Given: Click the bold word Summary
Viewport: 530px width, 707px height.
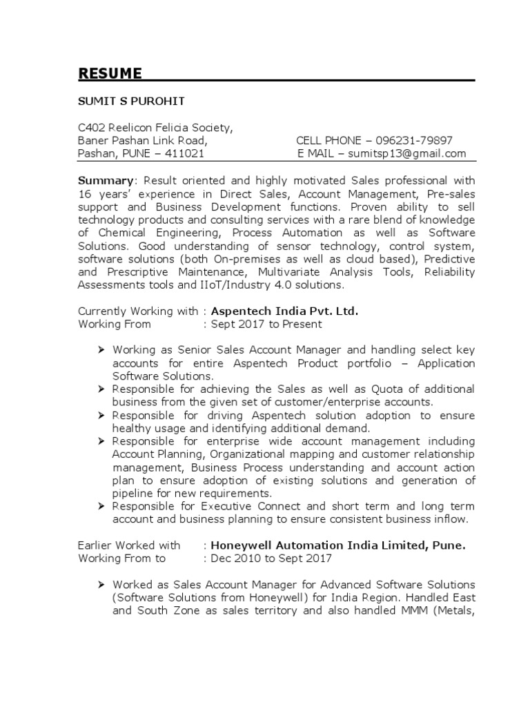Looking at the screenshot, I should click(101, 180).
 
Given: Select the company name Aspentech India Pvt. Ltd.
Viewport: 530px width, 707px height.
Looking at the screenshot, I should click(284, 311).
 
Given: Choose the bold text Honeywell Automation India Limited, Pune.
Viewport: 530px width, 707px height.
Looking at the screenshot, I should click(338, 545).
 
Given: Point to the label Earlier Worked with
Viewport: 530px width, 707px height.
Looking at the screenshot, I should click(129, 545).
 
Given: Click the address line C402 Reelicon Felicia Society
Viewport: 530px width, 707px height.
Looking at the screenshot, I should click(155, 128).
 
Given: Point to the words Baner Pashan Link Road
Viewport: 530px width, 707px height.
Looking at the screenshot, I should click(142, 141).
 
